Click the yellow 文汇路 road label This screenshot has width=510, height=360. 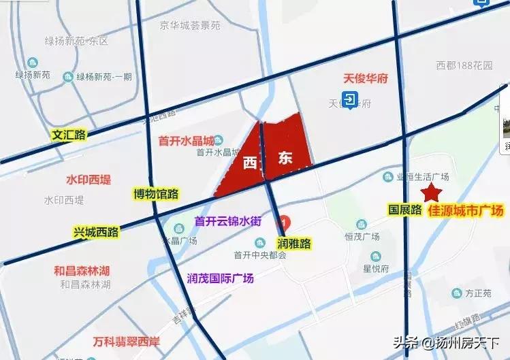69,135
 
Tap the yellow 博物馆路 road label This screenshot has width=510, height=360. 156,194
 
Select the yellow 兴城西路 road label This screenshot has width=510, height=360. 96,233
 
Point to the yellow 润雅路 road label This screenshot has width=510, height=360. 293,242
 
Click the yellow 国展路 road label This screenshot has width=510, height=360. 405,210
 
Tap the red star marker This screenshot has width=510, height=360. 429,193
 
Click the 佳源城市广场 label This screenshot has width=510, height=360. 466,211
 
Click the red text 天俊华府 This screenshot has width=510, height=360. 365,79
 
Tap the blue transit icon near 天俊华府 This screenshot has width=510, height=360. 350,101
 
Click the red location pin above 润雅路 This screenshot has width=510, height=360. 287,223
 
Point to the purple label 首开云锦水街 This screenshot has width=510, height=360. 228,220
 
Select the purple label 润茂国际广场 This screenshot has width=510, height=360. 220,278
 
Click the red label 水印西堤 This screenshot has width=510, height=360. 88,180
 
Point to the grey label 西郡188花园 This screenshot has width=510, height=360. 464,66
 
